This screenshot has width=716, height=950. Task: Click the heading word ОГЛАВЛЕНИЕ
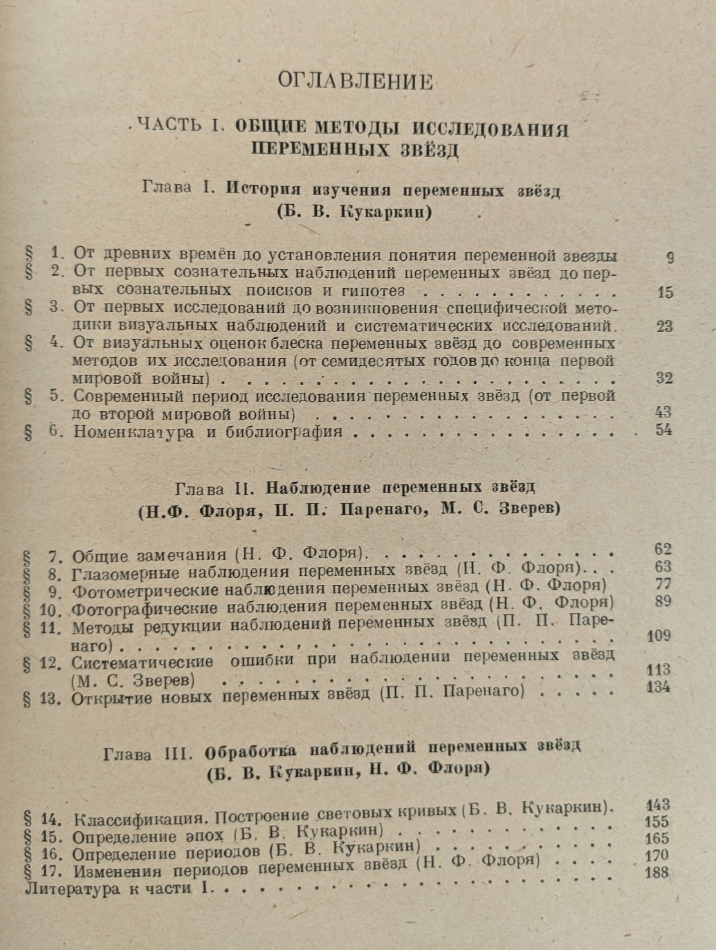pos(355,82)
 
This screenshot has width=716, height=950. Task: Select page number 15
pos(665,292)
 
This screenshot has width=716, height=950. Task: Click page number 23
pos(664,326)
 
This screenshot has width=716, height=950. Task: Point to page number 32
pos(664,378)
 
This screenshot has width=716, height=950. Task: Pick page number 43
pos(663,412)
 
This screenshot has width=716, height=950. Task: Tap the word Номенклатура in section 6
pos(134,432)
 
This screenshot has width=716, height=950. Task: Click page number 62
pos(662,549)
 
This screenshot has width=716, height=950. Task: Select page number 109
pos(659,636)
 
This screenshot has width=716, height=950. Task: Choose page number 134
pos(659,687)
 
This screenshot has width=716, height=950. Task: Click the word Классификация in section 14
pos(142,819)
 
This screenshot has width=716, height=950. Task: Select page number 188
pos(657,872)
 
